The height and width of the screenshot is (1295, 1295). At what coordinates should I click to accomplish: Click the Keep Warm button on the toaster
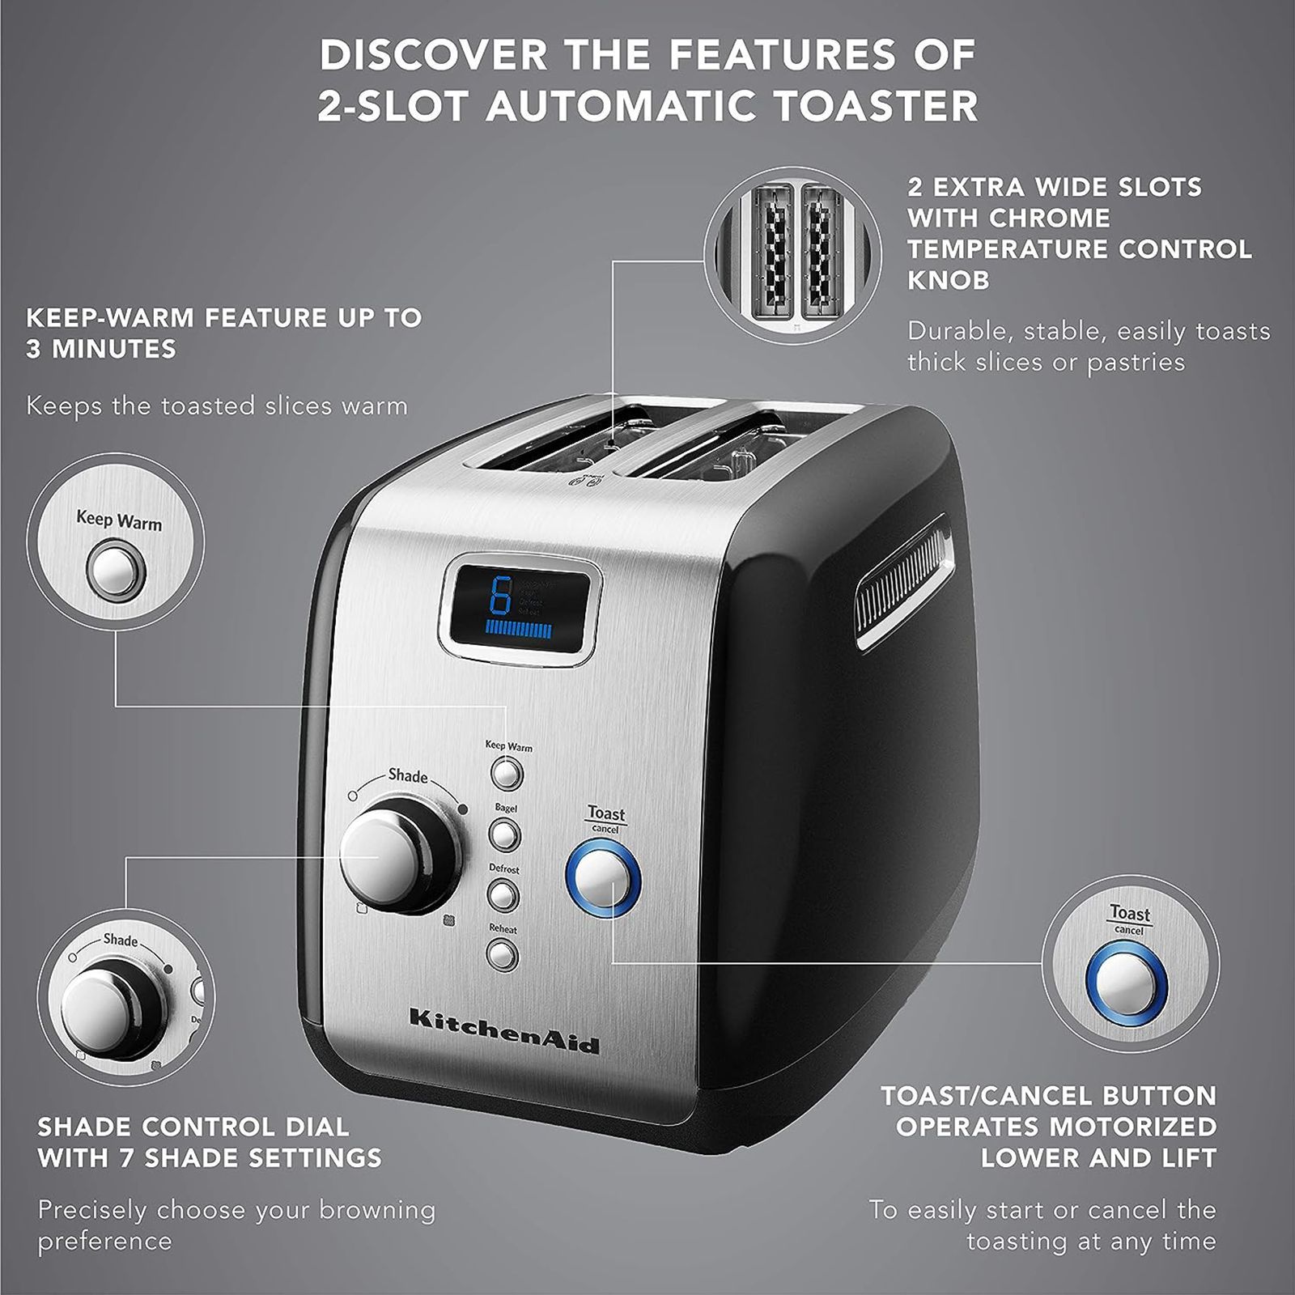pos(507,774)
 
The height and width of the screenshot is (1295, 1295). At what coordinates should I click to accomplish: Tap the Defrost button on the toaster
pos(503,896)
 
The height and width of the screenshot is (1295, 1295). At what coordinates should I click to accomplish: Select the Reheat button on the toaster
pos(502,956)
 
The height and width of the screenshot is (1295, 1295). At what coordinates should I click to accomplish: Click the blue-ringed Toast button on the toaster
pos(603,878)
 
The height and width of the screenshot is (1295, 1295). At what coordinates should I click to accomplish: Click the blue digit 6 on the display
pos(502,597)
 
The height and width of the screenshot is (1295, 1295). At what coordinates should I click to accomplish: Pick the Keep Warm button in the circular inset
pos(117,571)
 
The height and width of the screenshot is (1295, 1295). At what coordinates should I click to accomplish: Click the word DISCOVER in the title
pos(433,55)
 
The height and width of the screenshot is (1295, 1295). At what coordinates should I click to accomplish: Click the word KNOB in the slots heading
pos(937,280)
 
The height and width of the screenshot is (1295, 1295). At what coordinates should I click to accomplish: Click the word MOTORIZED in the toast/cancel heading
pos(1127,1127)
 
